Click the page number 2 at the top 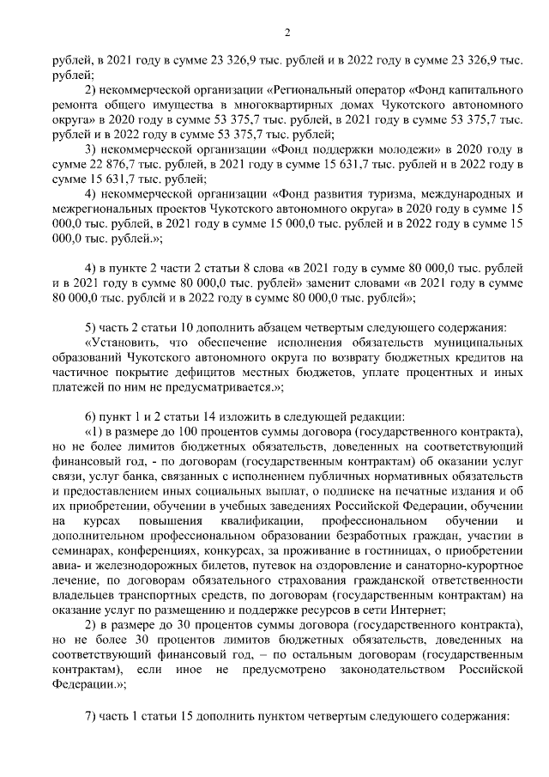[x=287, y=33]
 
